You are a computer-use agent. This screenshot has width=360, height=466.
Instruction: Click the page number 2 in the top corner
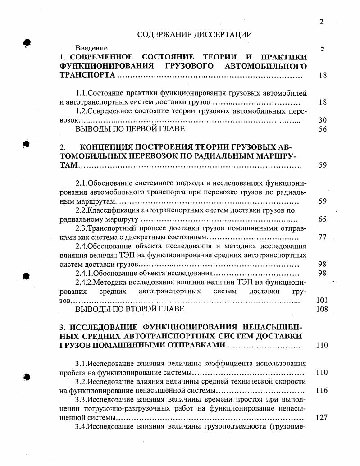coord(321,22)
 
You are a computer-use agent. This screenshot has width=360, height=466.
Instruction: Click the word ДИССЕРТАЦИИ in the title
coord(221,34)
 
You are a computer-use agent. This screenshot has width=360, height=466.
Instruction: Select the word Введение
coord(91,48)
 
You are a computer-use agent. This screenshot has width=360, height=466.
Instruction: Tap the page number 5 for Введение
coord(323,48)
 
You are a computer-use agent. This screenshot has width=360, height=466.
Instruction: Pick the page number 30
coord(322,120)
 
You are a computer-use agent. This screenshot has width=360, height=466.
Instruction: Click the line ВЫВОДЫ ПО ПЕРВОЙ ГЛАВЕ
coord(130,129)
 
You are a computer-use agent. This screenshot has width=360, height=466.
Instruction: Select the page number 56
coord(322,129)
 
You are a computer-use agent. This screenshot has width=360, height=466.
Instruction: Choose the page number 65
coord(322,219)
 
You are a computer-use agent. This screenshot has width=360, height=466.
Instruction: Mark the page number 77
coord(322,238)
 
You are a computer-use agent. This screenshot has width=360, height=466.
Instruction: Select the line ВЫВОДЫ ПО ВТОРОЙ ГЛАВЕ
coord(130,309)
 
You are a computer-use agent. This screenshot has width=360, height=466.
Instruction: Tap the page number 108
coord(322,310)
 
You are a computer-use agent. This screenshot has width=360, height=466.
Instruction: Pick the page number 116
coord(322,390)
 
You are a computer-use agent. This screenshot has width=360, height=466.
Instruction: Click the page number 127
coord(322,417)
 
